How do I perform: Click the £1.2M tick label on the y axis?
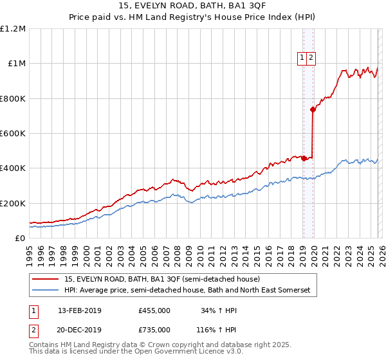point(13,29)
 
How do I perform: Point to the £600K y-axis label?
point(13,134)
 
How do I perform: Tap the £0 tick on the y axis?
point(20,239)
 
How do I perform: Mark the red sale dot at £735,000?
point(313,110)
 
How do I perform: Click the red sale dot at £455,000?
point(303,159)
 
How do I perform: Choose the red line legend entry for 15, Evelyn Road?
point(161,280)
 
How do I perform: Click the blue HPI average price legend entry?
point(187,291)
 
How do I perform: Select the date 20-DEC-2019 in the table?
point(79,329)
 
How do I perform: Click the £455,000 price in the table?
point(154,310)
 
